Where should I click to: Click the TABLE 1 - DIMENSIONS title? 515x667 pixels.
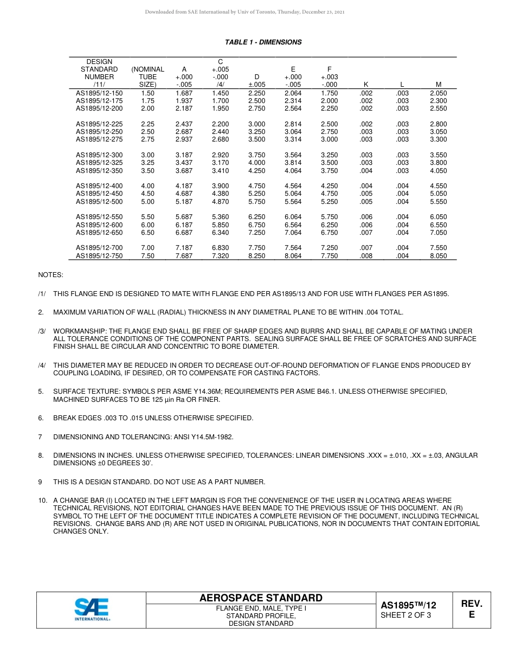click(263, 42)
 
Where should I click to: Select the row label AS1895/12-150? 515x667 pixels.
click(99, 93)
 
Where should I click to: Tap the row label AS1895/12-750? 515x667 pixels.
click(99, 256)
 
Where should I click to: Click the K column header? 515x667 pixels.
click(366, 85)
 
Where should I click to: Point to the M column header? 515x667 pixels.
click(438, 85)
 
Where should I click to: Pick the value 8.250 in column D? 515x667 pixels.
click(256, 256)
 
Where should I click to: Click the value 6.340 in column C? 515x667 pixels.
click(220, 233)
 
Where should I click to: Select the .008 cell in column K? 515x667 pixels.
click(366, 256)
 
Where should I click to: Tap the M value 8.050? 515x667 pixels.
click(438, 256)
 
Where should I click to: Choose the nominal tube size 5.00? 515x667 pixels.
click(147, 202)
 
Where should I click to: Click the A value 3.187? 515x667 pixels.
click(184, 155)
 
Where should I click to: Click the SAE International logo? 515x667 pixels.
click(92, 610)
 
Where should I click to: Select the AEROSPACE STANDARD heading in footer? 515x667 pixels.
click(261, 598)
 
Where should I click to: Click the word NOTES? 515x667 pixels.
click(50, 275)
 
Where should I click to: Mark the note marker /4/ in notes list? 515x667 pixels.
click(42, 365)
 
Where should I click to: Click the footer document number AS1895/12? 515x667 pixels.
click(408, 605)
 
